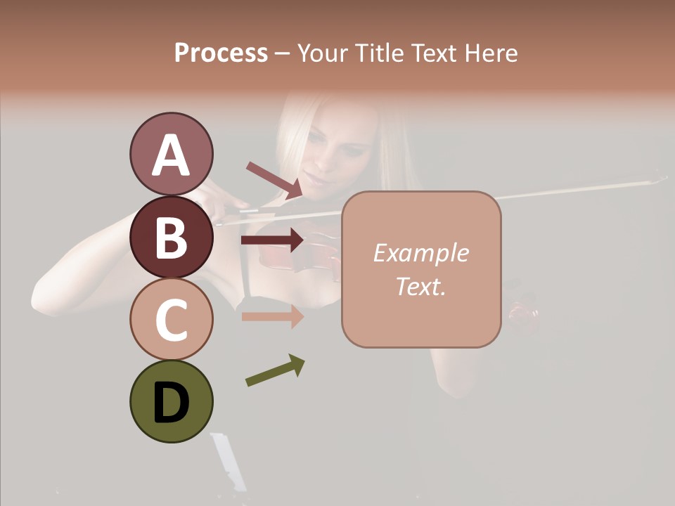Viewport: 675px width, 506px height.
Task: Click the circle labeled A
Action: pyautogui.click(x=171, y=154)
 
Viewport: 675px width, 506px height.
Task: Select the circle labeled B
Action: pyautogui.click(x=171, y=237)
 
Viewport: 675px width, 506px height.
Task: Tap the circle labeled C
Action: pyautogui.click(x=171, y=319)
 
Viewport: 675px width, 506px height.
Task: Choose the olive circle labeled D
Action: pyautogui.click(x=171, y=401)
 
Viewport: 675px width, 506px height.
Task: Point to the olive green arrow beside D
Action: pyautogui.click(x=275, y=370)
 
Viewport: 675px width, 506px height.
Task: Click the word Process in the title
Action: pyautogui.click(x=221, y=53)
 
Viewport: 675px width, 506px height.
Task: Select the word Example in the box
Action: pyautogui.click(x=420, y=253)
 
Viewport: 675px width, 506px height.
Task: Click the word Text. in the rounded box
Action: pyautogui.click(x=420, y=286)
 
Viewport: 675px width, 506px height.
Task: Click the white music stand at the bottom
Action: pyautogui.click(x=229, y=460)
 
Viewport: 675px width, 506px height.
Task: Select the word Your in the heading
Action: pyautogui.click(x=321, y=53)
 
